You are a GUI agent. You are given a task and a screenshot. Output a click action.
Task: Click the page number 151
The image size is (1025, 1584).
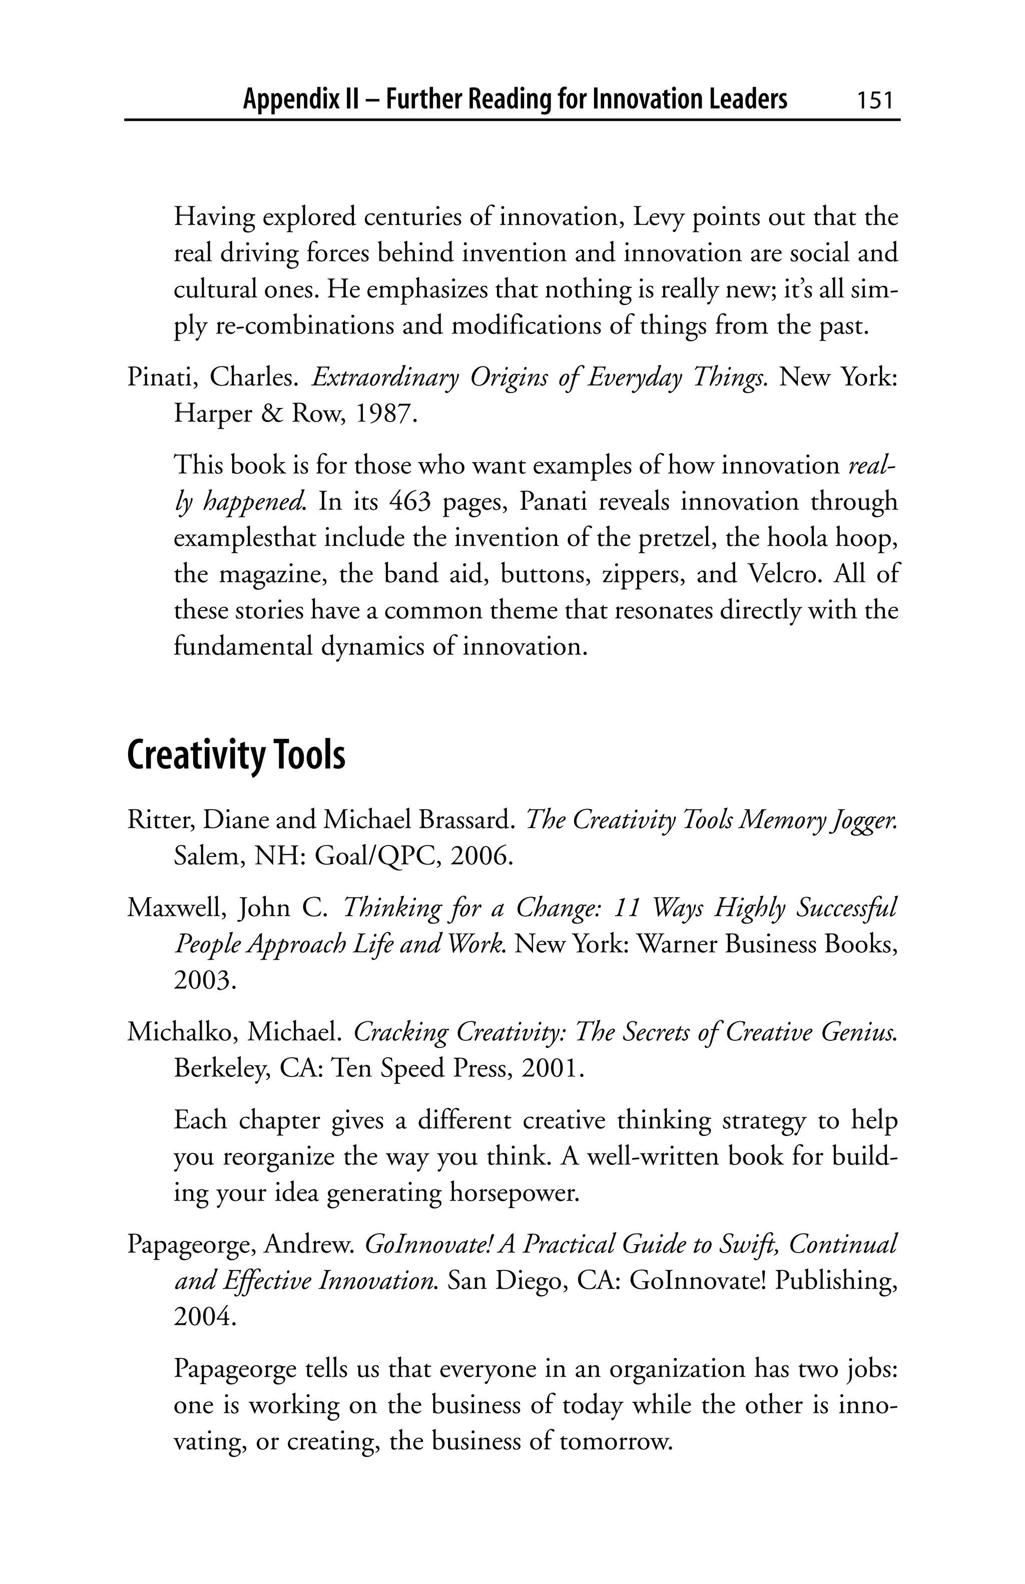click(x=873, y=101)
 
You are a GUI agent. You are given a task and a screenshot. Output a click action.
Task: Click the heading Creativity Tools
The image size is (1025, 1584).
click(x=236, y=755)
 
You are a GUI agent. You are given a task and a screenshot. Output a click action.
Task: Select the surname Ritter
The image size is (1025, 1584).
click(x=160, y=820)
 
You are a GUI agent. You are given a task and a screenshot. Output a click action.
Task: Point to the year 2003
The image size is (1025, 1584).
click(x=204, y=980)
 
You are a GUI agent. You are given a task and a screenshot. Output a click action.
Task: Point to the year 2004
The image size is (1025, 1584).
click(x=204, y=1317)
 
